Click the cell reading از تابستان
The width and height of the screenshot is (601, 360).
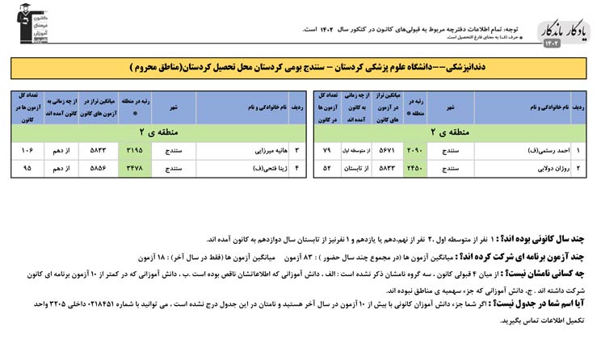[358, 168]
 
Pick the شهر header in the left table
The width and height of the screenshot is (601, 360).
[173, 107]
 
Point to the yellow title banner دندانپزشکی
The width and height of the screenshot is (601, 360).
[300, 68]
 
